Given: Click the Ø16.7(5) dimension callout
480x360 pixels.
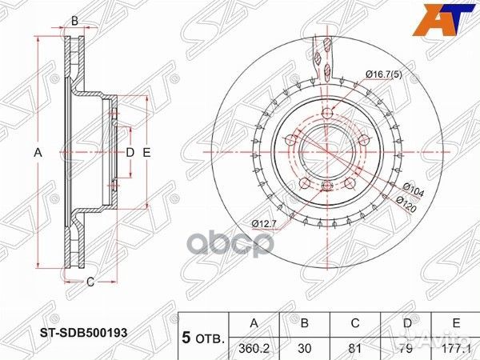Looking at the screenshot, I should [384, 75].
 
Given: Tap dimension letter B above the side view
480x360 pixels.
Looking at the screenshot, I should [74, 22].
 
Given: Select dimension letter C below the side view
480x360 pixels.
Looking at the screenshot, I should [90, 281].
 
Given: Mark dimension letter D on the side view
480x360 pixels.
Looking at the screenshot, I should [129, 151].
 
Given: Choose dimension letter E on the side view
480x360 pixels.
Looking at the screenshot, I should [147, 151].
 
